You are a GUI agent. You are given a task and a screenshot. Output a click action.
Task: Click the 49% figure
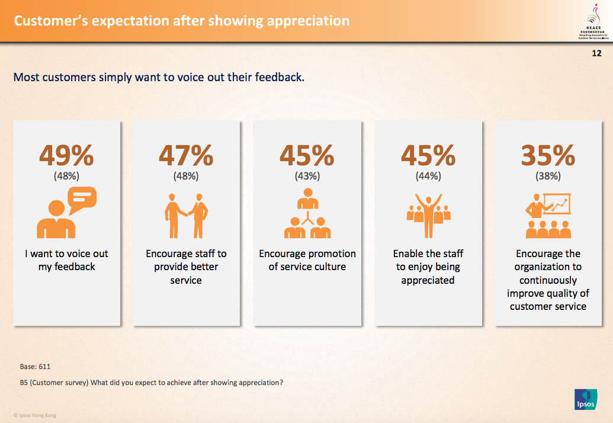tap(66, 156)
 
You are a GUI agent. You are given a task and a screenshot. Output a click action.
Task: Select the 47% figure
tap(186, 156)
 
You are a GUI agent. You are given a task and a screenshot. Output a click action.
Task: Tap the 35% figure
tap(548, 156)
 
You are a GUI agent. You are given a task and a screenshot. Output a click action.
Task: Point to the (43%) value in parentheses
tap(307, 176)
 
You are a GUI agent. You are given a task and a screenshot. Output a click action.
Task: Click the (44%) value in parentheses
tap(428, 176)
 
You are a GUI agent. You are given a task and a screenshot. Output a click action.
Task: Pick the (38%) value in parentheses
tap(548, 176)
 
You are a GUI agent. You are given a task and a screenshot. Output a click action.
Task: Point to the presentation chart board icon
tap(556, 205)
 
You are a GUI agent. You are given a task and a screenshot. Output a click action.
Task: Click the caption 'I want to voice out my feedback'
tap(67, 260)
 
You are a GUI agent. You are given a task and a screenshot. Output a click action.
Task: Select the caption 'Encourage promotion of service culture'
tap(307, 260)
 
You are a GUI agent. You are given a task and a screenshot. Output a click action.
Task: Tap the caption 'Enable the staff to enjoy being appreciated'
tap(428, 267)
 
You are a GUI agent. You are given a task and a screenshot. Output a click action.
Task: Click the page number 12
tap(596, 53)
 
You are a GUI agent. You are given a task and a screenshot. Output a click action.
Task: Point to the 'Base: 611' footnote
tap(36, 367)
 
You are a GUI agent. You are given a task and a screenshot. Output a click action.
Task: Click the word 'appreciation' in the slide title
tap(308, 21)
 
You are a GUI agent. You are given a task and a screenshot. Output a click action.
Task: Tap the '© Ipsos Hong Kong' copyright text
tap(35, 415)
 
